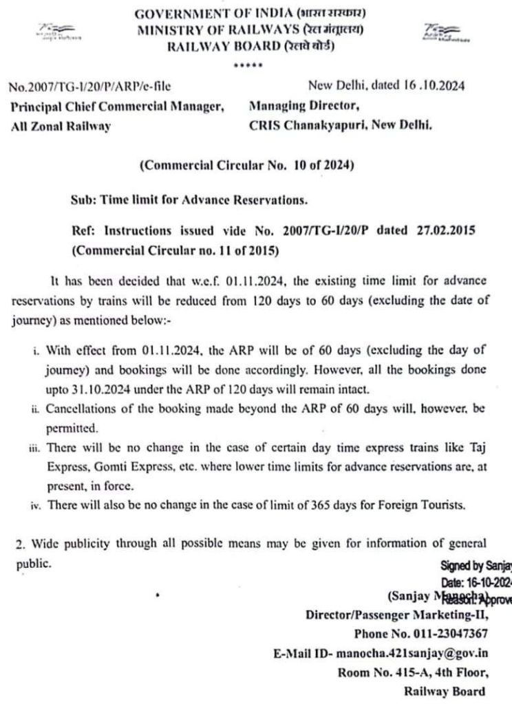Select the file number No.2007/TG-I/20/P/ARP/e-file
coord(89,87)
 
